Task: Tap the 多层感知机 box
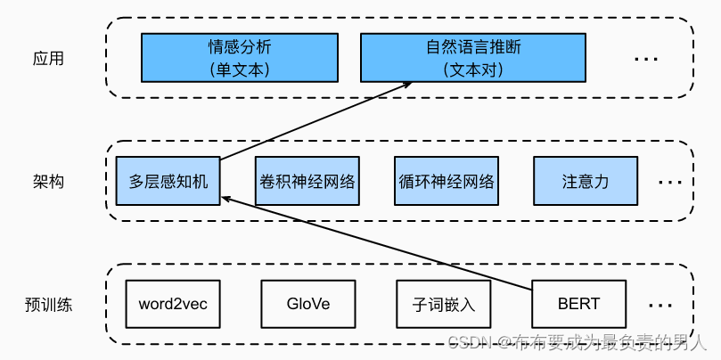point(168,181)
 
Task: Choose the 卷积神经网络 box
point(307,181)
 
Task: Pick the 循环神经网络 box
point(446,181)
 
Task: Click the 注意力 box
point(586,181)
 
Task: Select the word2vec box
point(173,303)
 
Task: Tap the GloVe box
point(308,303)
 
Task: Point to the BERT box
point(579,303)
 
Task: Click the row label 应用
point(49,58)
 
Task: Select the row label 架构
point(49,181)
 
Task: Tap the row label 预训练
point(49,305)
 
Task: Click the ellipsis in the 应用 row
point(646,59)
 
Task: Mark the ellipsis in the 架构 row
point(669,182)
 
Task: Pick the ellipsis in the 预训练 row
point(660,306)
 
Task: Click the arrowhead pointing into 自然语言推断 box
point(407,85)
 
